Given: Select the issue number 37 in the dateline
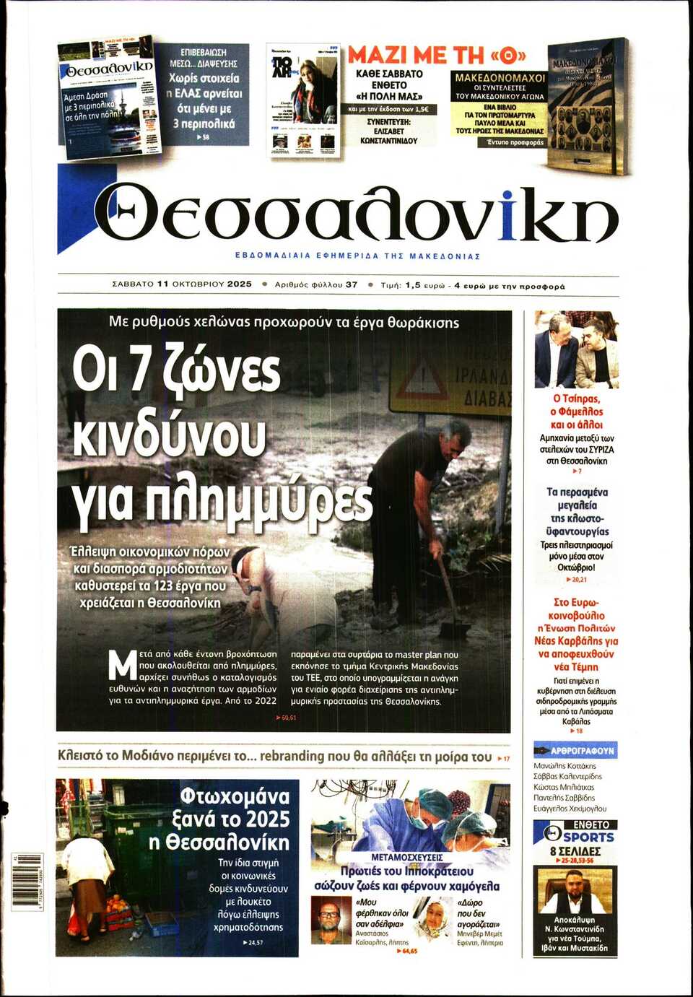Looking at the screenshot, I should (x=352, y=284).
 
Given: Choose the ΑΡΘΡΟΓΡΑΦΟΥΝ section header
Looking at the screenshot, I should (x=575, y=751).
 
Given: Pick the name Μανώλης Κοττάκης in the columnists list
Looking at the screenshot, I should (x=565, y=765).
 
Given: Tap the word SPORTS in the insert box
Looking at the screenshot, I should (x=588, y=837).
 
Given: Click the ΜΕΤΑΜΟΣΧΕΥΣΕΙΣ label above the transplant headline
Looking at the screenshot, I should (x=406, y=857).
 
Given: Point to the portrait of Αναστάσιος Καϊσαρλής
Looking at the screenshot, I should (x=330, y=919).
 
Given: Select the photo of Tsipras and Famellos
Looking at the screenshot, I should (x=575, y=349).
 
